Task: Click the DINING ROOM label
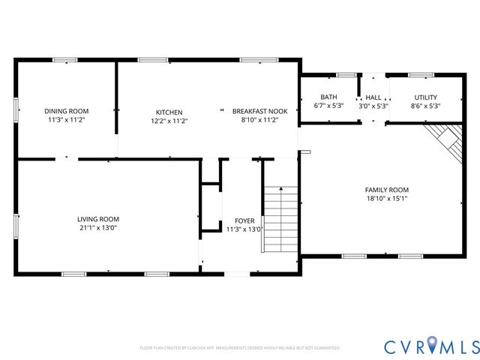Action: tap(66, 111)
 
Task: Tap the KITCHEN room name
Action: tap(169, 112)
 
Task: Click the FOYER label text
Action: tap(244, 220)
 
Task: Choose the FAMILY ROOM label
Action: tap(386, 190)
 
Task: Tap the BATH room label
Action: tap(328, 97)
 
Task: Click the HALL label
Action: tap(373, 97)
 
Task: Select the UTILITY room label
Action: tap(425, 97)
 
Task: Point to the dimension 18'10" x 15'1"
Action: tap(386, 199)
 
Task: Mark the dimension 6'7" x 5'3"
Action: tap(328, 106)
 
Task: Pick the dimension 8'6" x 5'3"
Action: tap(425, 106)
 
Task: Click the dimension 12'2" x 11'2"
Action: tap(169, 120)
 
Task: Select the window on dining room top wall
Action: tap(66, 60)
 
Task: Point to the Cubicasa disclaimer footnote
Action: tap(240, 348)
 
